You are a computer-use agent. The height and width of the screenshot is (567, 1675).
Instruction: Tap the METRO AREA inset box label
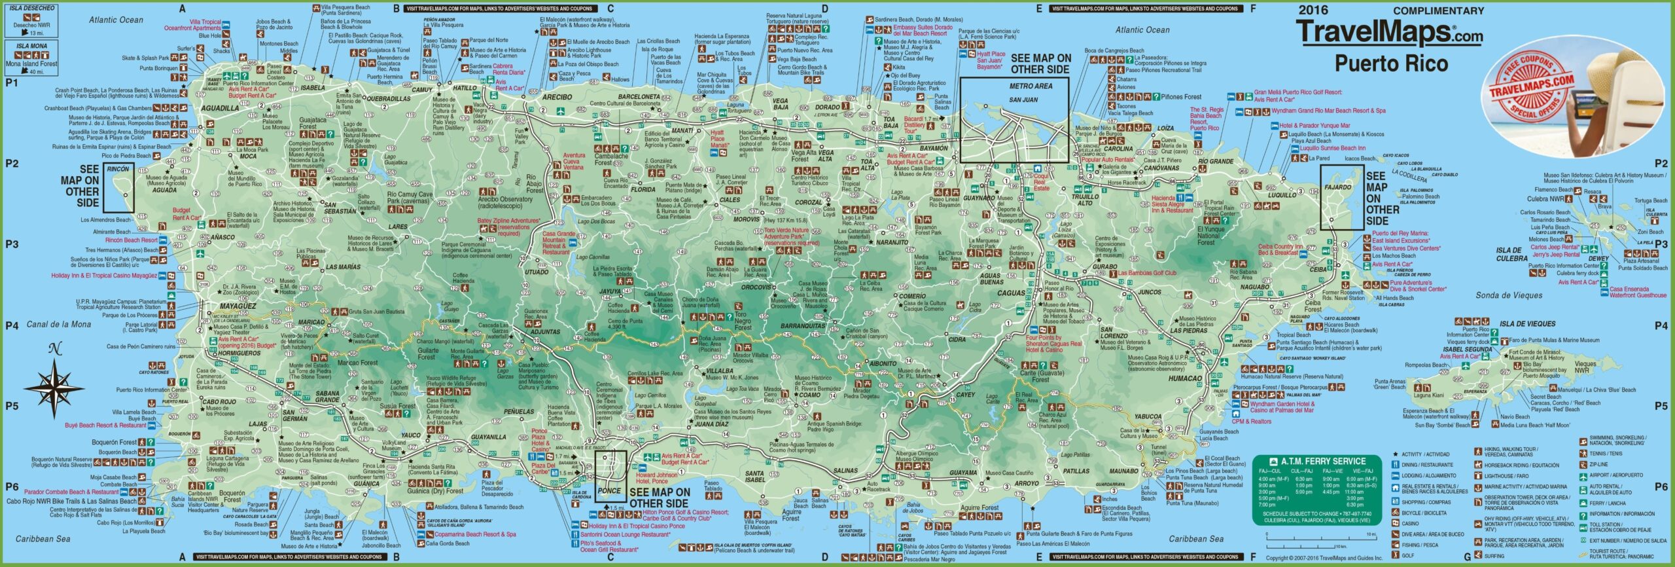coord(1031,86)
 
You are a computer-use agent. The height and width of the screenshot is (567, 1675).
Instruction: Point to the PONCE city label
coord(609,491)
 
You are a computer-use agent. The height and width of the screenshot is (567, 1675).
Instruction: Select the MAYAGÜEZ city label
coord(238,306)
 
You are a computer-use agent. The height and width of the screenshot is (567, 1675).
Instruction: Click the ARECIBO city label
coord(557,97)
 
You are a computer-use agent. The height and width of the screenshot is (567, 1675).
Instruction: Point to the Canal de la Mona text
coord(59,324)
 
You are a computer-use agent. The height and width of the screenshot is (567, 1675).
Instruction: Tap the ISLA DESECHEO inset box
coord(31,20)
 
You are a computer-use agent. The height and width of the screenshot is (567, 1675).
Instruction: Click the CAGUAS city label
coord(1011,293)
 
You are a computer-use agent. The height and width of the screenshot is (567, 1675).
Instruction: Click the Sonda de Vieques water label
coord(1509,295)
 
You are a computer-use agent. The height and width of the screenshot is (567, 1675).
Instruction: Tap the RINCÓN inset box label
coord(118,170)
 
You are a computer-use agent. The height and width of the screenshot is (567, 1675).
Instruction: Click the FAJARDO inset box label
coord(1337,187)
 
